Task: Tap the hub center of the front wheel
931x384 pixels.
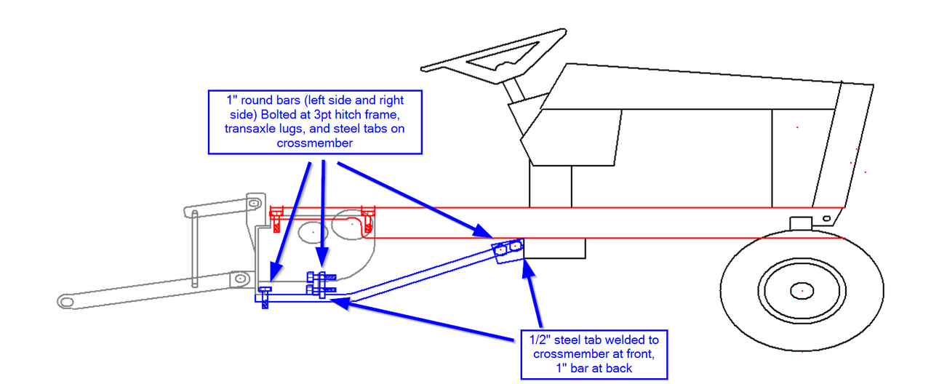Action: [802, 290]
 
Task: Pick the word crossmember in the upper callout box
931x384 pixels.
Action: [315, 143]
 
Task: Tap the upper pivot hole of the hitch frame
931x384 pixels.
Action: [253, 203]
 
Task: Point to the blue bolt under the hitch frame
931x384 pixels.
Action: [265, 297]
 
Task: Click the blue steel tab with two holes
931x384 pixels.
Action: [508, 249]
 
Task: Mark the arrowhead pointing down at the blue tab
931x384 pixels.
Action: [484, 233]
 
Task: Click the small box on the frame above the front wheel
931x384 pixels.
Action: [801, 222]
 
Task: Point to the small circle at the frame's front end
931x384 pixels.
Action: [826, 217]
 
